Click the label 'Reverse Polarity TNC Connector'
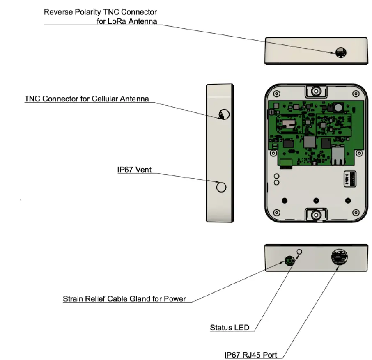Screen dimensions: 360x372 (x=100, y=12)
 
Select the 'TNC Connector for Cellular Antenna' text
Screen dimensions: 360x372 (x=86, y=99)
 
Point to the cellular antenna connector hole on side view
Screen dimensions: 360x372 (x=223, y=115)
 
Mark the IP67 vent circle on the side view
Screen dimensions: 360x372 (x=221, y=187)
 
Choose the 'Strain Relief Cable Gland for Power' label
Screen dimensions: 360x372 (x=124, y=299)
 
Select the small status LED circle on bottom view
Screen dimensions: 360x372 (x=300, y=251)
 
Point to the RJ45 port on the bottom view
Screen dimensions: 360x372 (x=339, y=257)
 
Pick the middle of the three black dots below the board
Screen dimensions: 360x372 (x=316, y=200)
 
